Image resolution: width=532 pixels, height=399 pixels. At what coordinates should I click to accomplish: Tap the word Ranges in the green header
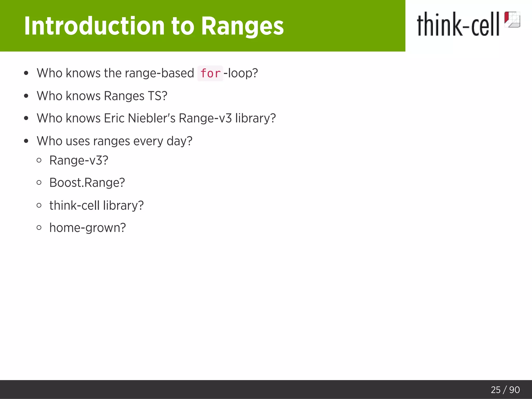click(242, 26)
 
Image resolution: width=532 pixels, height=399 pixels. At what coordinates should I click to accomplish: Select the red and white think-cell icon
click(512, 19)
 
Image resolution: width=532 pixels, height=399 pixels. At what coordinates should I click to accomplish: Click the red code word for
click(210, 74)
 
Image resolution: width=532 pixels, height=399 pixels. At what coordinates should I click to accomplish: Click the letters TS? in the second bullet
click(157, 96)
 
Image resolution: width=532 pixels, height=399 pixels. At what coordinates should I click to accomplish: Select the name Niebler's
click(152, 118)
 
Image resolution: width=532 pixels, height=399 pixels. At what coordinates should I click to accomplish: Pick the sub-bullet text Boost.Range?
click(87, 183)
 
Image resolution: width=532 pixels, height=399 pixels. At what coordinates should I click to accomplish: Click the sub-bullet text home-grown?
click(88, 228)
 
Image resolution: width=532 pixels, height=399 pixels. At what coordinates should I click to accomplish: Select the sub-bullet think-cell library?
click(96, 205)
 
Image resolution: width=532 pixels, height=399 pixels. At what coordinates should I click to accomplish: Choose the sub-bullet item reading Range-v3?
click(79, 160)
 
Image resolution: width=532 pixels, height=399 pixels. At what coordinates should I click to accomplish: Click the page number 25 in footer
click(495, 390)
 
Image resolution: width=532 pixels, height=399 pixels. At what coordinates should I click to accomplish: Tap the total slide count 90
click(514, 390)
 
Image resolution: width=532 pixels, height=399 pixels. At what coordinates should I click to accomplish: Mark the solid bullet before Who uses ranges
click(26, 141)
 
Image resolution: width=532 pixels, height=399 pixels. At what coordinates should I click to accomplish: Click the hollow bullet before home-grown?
click(39, 228)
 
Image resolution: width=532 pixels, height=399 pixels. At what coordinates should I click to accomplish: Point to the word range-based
click(159, 73)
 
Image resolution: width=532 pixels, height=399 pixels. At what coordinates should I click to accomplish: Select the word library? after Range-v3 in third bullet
click(255, 118)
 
